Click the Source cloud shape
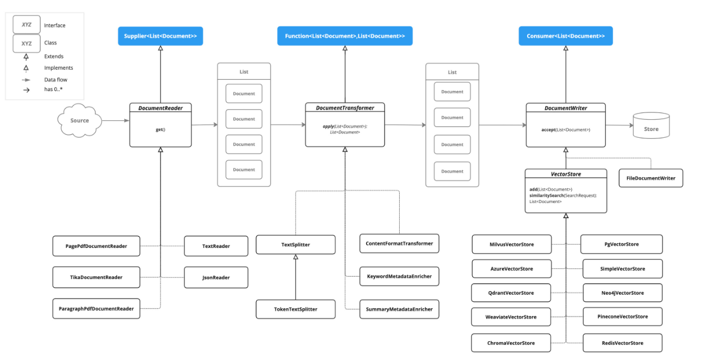coord(80,120)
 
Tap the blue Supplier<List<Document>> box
coord(160,36)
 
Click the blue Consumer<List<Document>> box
coord(565,36)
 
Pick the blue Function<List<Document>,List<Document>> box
coord(345,36)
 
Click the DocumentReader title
coord(160,107)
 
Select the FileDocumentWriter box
coord(651,178)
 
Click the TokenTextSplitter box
coord(295,309)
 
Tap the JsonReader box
coord(216,277)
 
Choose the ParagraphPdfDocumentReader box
coord(96,309)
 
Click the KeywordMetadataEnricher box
coord(399,277)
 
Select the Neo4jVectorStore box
coord(622,293)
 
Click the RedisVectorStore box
coord(622,343)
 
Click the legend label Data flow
coord(56,80)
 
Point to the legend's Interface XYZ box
coord(26,25)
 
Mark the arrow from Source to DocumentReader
coord(115,120)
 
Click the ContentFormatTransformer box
coord(399,243)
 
